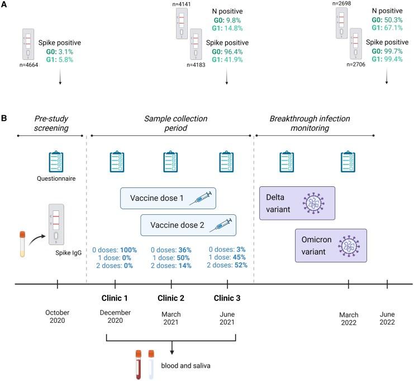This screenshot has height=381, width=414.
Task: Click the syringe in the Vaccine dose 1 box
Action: click(201, 197)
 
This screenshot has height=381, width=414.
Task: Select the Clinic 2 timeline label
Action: click(170, 298)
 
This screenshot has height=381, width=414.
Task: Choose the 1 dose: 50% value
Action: click(170, 258)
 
